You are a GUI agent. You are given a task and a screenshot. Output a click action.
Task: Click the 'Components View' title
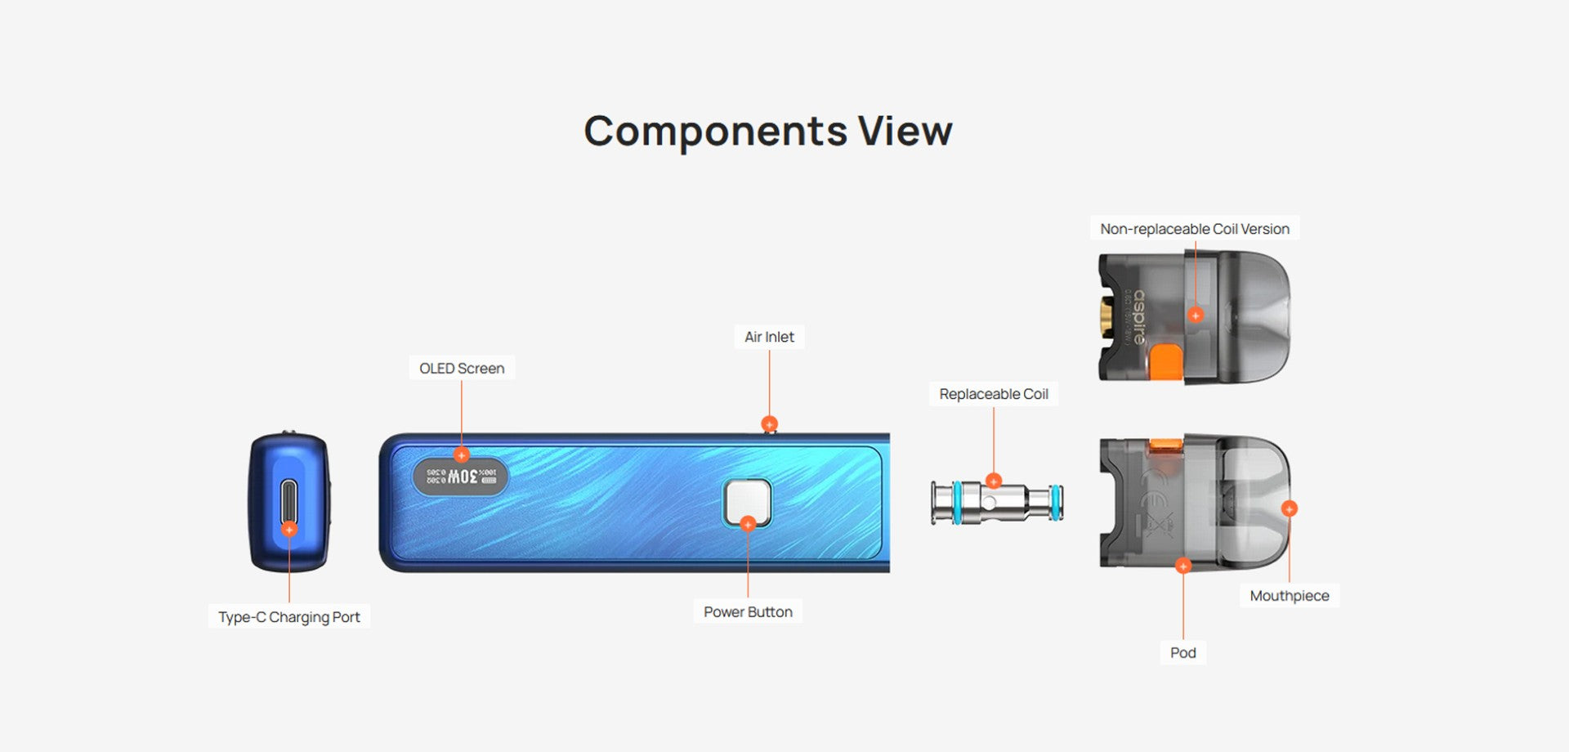point(768,131)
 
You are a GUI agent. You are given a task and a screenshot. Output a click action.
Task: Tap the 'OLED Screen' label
point(462,369)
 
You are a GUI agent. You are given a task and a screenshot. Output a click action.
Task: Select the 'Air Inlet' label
point(769,337)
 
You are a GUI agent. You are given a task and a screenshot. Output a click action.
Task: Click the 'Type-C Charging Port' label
point(288,617)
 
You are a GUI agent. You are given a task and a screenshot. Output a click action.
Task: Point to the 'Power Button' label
point(748,612)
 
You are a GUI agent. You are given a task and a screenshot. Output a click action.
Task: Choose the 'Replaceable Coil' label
point(993,394)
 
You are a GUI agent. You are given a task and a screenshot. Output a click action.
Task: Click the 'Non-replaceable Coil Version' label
point(1194,229)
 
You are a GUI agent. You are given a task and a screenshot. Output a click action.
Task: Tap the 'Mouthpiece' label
point(1289,596)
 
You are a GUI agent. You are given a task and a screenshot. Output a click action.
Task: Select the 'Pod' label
point(1182,652)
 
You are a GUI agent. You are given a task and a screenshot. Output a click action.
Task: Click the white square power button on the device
point(747,500)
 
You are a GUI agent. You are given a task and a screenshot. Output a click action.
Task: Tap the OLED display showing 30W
point(461,477)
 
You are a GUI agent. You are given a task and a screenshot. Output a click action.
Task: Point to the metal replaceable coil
point(997,503)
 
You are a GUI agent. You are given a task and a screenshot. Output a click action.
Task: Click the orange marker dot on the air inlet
point(769,423)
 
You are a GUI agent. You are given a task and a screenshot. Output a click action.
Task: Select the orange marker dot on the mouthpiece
point(1289,508)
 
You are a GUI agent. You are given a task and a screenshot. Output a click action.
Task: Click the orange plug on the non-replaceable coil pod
point(1167,362)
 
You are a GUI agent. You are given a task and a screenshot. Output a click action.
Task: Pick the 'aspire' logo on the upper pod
point(1139,316)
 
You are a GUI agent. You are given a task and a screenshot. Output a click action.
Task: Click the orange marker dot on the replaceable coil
point(993,481)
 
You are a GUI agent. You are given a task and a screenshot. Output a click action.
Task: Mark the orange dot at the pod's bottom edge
point(1182,566)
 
